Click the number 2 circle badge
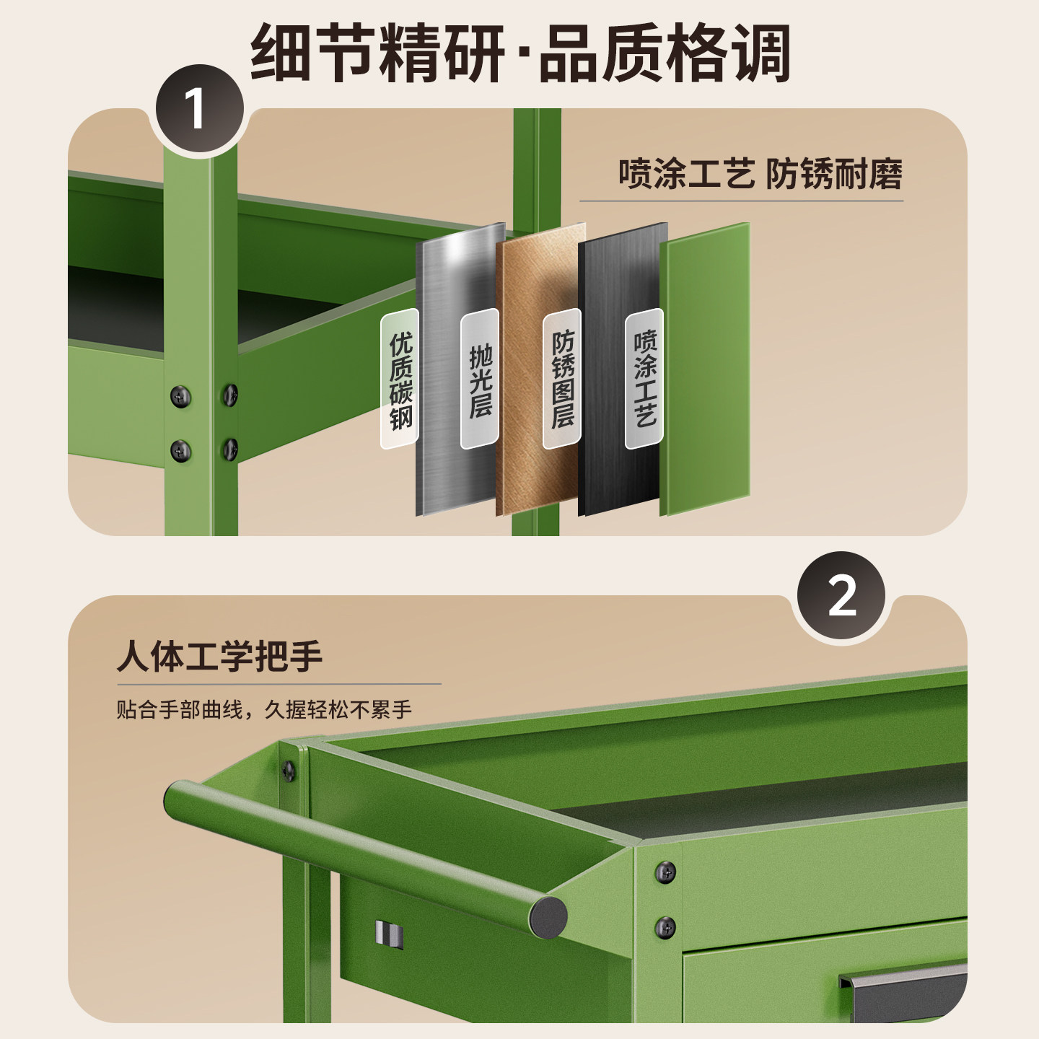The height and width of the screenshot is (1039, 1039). tap(841, 595)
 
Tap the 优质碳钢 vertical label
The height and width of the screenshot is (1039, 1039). tap(400, 379)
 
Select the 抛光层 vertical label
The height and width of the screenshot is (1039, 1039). tap(479, 379)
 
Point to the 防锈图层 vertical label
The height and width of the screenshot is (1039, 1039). tap(562, 379)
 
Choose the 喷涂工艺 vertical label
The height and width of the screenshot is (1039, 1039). tap(644, 379)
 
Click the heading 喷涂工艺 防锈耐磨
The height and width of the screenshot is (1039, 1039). tap(760, 174)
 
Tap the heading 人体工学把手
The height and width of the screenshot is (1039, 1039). tap(219, 656)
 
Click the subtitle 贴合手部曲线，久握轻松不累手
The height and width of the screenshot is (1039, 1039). tap(264, 709)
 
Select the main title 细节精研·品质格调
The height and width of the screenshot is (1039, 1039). tap(520, 53)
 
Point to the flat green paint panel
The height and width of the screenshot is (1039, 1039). tap(705, 369)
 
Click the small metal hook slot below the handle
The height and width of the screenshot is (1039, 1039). tap(390, 934)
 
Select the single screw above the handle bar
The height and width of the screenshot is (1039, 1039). tap(289, 771)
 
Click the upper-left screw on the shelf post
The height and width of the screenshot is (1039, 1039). tap(180, 397)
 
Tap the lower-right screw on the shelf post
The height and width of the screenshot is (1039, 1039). tap(230, 449)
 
